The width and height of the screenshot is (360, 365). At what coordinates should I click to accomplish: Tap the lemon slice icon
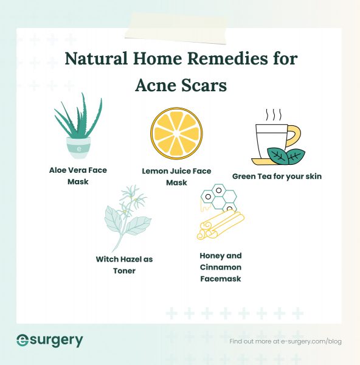(x=176, y=133)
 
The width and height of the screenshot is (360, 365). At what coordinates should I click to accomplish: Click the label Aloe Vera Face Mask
(x=78, y=176)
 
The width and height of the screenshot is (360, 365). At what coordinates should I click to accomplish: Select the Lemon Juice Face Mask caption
(x=176, y=177)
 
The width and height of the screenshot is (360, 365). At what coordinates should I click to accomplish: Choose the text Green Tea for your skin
(x=277, y=176)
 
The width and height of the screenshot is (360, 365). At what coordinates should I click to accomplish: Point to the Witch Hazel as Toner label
(x=124, y=265)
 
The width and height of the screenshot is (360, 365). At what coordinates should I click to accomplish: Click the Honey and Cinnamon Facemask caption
(x=220, y=267)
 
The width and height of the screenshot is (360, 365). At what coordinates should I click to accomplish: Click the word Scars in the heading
(x=203, y=86)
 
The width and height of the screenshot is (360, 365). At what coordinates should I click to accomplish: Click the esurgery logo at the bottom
(x=49, y=341)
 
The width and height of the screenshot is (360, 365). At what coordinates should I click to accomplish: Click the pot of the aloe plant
(x=78, y=147)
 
